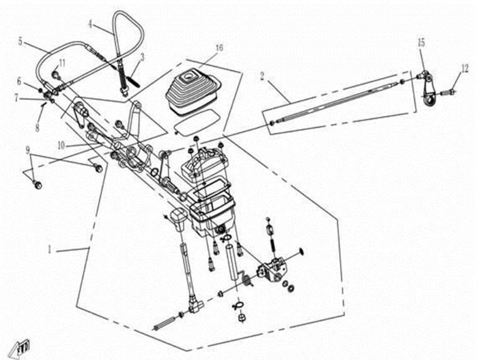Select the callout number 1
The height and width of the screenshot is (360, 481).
click(x=50, y=250)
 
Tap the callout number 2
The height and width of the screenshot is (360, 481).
click(x=262, y=77)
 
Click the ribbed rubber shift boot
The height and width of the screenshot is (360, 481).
click(x=193, y=92)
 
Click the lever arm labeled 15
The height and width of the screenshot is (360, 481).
click(x=428, y=89)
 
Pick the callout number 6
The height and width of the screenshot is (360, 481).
click(x=19, y=81)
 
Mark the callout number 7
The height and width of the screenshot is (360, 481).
click(x=16, y=98)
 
